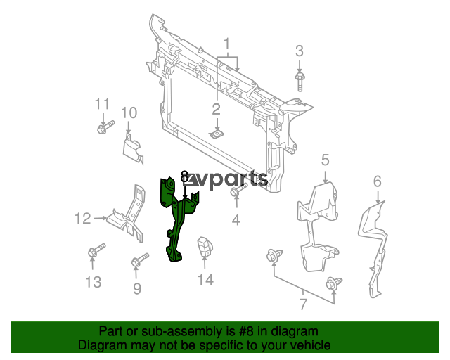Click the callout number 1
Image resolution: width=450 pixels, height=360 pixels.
coord(227,46)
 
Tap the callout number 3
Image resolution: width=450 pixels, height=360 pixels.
coord(300,51)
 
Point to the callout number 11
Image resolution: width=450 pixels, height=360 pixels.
coord(103,105)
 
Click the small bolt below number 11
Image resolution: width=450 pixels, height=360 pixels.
coord(102,128)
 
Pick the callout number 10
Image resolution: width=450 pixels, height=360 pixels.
coord(128,113)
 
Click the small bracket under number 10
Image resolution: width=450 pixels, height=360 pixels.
coord(131,148)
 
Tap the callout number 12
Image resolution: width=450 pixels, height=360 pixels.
coord(83,219)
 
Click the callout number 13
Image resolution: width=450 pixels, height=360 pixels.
coord(94,282)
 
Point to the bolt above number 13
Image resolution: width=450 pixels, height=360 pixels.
coord(95,251)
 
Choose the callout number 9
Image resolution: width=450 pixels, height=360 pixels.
coord(137,288)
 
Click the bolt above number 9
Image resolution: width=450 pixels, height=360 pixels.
coord(139,262)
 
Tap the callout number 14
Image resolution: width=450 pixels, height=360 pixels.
coord(205,280)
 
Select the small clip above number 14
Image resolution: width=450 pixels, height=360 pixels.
coord(205,248)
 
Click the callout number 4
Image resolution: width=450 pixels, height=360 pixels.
coord(236,221)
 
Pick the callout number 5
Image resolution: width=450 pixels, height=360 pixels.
coord(326,160)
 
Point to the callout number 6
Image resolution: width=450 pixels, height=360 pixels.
coord(377,182)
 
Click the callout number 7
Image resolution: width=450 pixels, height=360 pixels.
coord(303,304)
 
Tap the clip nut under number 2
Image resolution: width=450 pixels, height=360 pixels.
coord(217,133)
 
